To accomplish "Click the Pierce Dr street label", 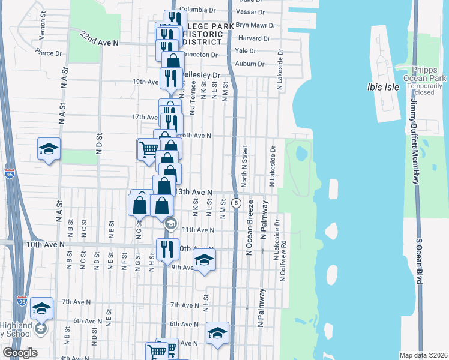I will coord(50,53).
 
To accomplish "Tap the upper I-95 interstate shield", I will coord(10,174).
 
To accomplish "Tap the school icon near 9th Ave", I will coord(204,260).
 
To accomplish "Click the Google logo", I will coord(20,353).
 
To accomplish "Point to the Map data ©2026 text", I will coord(423,355).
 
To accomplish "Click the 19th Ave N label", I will coord(145,82).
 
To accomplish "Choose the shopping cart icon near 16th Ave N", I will coord(149,148).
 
